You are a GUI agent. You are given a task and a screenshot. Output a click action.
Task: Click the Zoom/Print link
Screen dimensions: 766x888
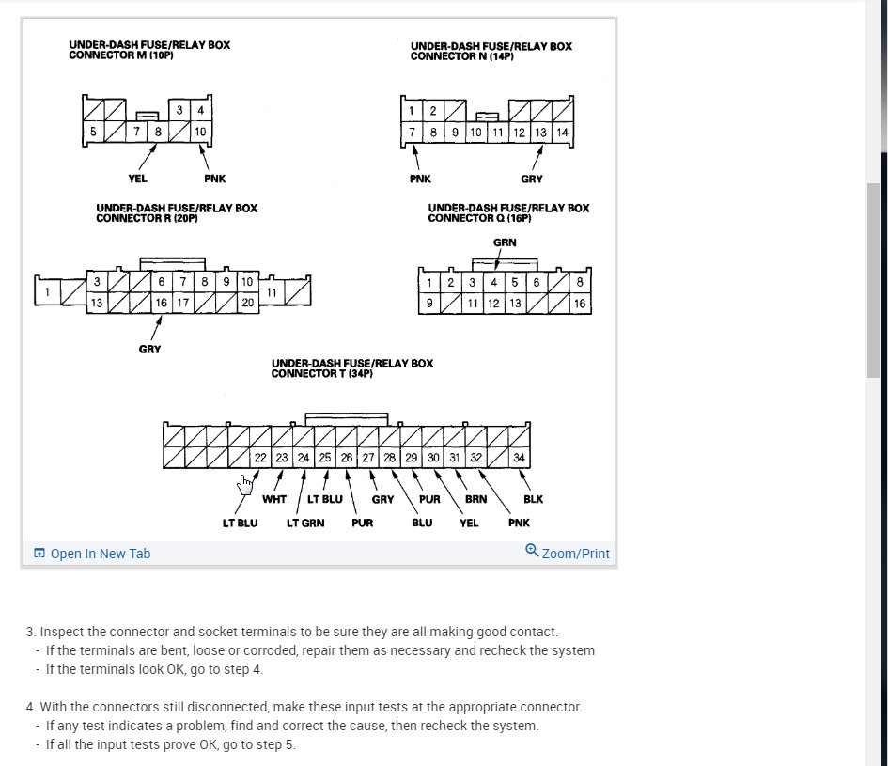click(569, 554)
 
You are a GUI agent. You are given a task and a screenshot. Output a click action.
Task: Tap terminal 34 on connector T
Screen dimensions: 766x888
click(520, 458)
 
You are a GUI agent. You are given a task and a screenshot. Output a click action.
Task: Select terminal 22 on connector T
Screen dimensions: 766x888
click(261, 458)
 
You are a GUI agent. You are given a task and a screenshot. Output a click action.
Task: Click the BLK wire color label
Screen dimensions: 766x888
click(533, 499)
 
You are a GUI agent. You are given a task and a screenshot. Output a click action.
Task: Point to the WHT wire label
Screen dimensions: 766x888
click(273, 499)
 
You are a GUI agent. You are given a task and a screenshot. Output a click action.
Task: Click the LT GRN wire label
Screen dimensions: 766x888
click(305, 523)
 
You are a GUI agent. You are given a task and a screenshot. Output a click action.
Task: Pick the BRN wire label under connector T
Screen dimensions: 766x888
click(475, 499)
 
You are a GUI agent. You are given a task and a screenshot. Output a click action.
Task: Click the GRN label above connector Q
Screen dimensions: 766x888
click(505, 242)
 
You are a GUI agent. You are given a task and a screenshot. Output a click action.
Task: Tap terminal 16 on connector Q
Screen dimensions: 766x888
click(580, 304)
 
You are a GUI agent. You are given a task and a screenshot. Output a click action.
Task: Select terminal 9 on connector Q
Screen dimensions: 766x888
click(429, 304)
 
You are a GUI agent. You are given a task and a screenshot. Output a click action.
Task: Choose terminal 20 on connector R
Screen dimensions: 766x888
click(247, 303)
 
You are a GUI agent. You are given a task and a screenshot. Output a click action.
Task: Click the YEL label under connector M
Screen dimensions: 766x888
click(137, 179)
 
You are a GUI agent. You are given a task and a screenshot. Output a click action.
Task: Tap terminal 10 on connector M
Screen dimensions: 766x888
click(200, 132)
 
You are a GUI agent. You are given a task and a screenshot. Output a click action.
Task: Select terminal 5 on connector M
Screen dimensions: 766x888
click(93, 132)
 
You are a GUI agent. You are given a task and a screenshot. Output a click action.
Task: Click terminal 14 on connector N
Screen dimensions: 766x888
click(562, 133)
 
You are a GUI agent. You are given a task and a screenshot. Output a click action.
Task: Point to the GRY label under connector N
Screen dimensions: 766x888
click(531, 179)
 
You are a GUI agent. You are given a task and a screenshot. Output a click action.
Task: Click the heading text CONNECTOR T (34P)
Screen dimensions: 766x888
click(322, 373)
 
